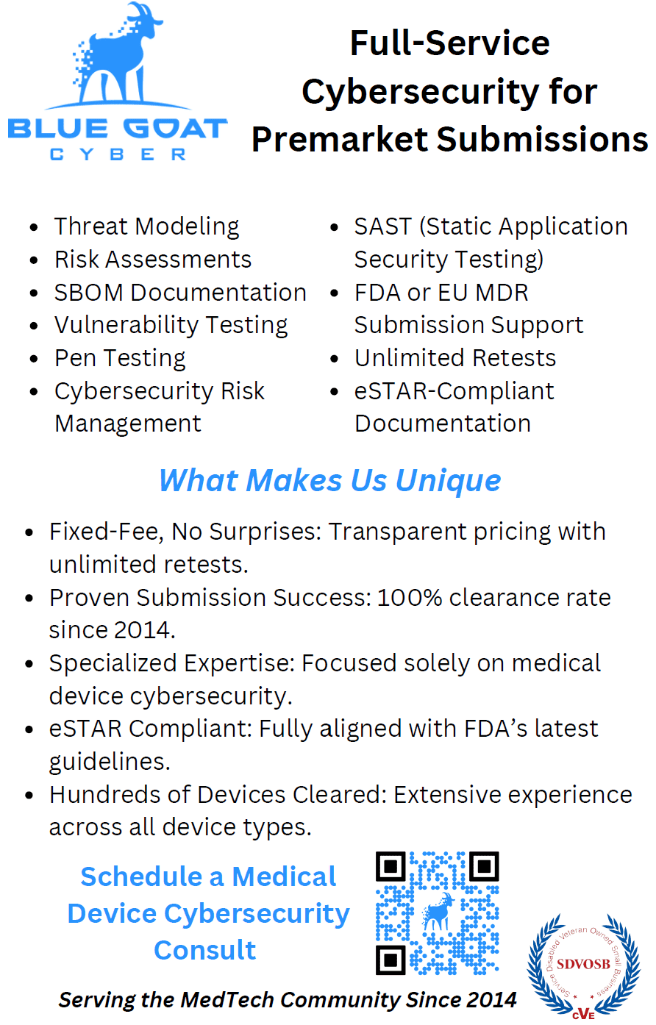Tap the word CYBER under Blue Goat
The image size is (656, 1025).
(118, 154)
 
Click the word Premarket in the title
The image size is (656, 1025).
(339, 139)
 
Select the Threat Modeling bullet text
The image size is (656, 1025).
(146, 226)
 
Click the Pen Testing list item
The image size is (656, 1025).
(120, 358)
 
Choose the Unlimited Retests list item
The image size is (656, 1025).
(455, 358)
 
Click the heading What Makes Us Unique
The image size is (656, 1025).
(329, 480)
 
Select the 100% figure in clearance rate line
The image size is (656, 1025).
(410, 598)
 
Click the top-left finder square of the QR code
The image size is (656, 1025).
(391, 866)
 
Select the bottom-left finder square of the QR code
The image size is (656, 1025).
(391, 960)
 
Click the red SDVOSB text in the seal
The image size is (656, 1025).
(583, 965)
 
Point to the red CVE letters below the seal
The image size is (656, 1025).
(583, 1013)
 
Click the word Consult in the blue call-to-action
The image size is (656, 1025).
(204, 950)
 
